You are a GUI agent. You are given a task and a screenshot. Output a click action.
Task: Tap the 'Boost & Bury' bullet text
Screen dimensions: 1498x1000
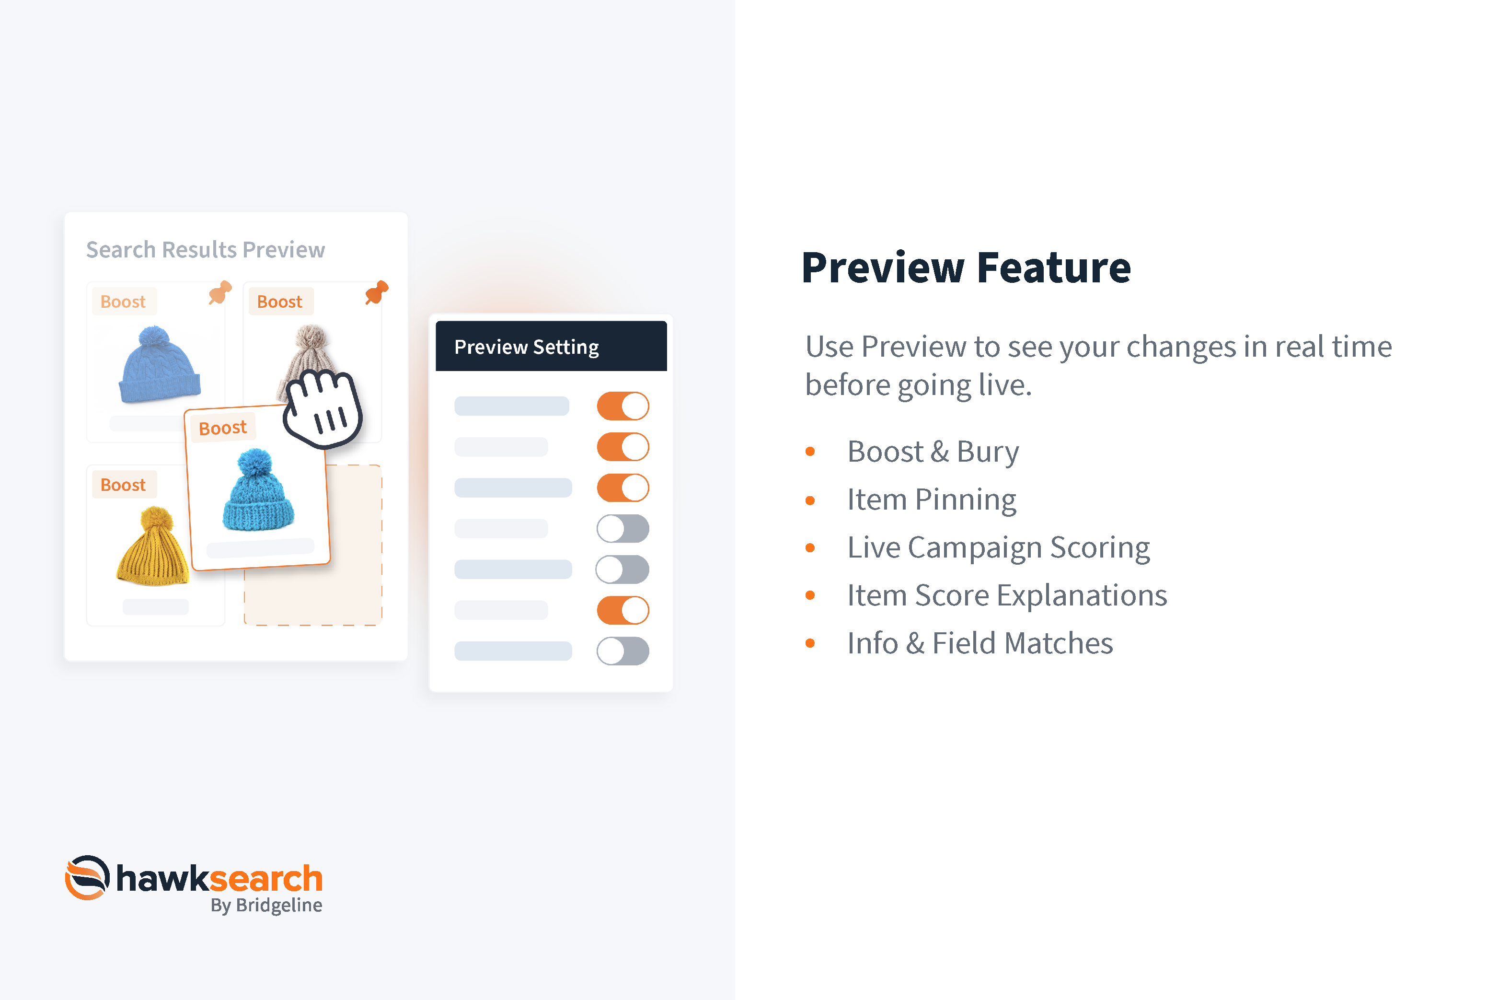click(933, 452)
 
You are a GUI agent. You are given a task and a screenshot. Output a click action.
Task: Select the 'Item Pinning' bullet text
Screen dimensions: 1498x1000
click(931, 500)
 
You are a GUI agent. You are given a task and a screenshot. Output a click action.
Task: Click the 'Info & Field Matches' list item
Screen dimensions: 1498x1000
click(980, 643)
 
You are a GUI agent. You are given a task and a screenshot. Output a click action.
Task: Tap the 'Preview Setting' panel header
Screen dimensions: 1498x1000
click(552, 346)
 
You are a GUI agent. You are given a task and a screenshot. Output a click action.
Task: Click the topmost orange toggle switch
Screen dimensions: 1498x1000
click(623, 406)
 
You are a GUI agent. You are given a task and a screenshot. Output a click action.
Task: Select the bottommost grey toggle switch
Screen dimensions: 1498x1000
click(623, 651)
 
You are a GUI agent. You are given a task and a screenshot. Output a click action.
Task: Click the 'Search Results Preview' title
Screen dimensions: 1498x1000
click(205, 250)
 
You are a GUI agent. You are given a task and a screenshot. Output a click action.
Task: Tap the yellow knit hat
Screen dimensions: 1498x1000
click(153, 547)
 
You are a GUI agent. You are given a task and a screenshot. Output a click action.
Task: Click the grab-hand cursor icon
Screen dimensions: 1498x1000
click(323, 408)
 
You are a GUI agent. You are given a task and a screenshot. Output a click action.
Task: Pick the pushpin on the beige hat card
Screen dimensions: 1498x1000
click(377, 292)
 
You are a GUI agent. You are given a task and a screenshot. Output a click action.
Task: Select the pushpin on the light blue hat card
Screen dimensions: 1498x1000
click(220, 292)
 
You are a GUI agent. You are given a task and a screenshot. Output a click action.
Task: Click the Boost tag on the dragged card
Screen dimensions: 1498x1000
click(222, 427)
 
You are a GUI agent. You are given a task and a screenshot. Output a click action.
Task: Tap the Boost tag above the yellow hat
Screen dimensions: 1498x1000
click(123, 485)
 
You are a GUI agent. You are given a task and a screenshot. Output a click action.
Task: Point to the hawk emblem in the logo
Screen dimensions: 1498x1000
click(87, 878)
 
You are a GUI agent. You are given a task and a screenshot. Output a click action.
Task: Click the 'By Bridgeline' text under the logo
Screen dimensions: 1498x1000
click(266, 906)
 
